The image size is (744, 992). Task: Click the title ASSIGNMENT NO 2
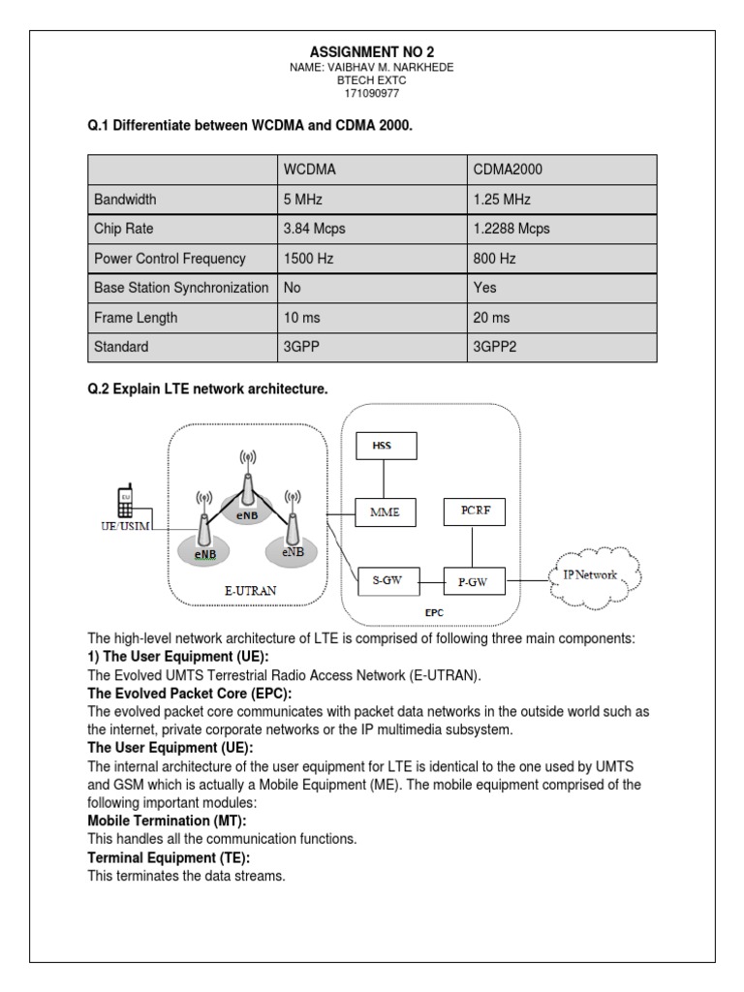(372, 50)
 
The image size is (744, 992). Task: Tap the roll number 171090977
(372, 96)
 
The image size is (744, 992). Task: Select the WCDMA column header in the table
(308, 170)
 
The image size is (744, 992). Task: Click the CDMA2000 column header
(508, 170)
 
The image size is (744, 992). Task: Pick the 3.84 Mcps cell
(314, 230)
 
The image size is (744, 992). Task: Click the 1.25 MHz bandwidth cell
(503, 200)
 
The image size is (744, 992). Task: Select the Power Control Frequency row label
(170, 260)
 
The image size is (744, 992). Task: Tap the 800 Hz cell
(495, 260)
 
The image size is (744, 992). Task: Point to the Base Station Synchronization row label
(181, 289)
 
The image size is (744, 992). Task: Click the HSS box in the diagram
(385, 446)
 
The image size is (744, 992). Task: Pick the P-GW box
(473, 582)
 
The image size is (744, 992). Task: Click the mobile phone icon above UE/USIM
(126, 500)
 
